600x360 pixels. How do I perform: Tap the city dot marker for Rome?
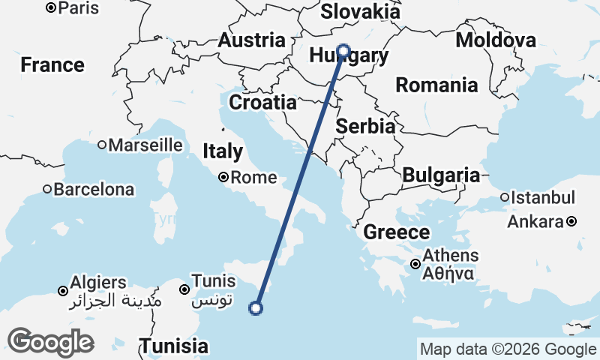tap(223, 178)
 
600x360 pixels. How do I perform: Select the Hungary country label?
tap(349, 57)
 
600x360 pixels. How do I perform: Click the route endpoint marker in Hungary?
tap(343, 51)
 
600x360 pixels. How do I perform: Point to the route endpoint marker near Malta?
tap(256, 307)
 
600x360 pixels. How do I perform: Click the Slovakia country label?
tap(360, 12)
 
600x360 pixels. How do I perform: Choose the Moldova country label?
tap(496, 40)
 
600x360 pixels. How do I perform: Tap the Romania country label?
tap(436, 85)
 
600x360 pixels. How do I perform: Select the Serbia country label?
tap(365, 127)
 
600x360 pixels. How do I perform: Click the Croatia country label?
tap(262, 102)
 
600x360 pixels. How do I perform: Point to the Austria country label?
tap(251, 40)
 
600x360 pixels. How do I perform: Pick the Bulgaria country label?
tap(441, 175)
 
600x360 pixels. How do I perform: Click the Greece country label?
tap(397, 232)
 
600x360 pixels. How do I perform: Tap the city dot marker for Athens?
tap(415, 264)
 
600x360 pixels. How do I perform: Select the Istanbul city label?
tap(543, 199)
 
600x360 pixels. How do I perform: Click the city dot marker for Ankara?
tap(571, 222)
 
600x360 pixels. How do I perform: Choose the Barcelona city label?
tap(94, 189)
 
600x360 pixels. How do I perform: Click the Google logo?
tap(50, 342)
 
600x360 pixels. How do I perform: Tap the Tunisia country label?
tap(174, 346)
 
